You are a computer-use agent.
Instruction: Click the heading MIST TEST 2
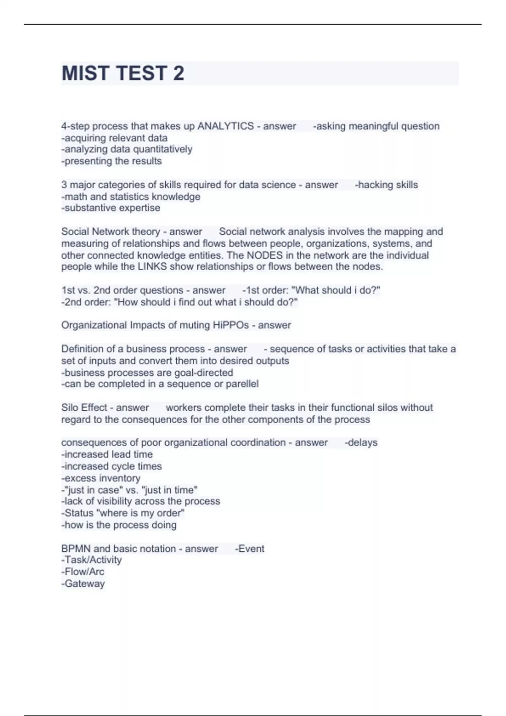tap(123, 73)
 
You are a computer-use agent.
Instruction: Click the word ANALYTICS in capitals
tap(226, 126)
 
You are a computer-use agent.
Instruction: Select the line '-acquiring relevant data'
tap(114, 138)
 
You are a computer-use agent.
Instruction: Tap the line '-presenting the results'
tap(111, 161)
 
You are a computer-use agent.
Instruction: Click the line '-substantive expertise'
tap(111, 208)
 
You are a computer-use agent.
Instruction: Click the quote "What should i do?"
tap(336, 290)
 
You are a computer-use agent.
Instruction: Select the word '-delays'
tap(361, 443)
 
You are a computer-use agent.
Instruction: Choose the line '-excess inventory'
tap(101, 478)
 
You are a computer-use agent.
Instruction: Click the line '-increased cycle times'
tap(111, 466)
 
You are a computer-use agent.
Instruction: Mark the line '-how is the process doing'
tap(119, 525)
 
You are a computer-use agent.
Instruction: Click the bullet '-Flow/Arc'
tap(83, 572)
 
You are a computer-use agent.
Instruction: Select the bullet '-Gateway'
tap(83, 583)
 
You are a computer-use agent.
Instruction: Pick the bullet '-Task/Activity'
tap(92, 560)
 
